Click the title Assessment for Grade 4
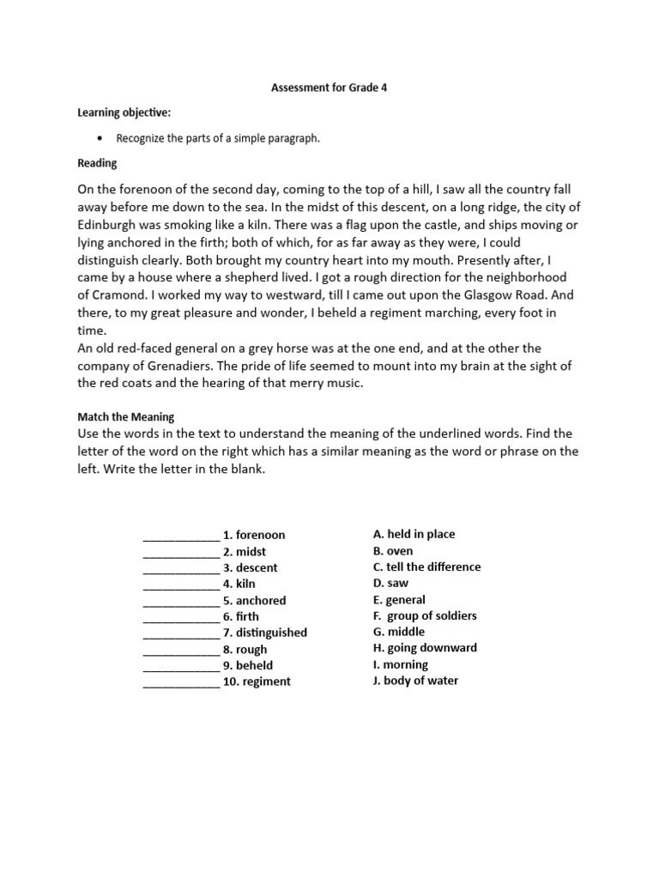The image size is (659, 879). tap(329, 88)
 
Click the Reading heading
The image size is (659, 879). tap(97, 163)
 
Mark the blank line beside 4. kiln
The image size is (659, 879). tap(181, 585)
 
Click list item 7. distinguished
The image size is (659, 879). tap(265, 633)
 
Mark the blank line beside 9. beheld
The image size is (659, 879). tap(181, 666)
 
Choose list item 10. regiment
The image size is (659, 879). tap(257, 682)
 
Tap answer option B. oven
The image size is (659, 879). tap(393, 551)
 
